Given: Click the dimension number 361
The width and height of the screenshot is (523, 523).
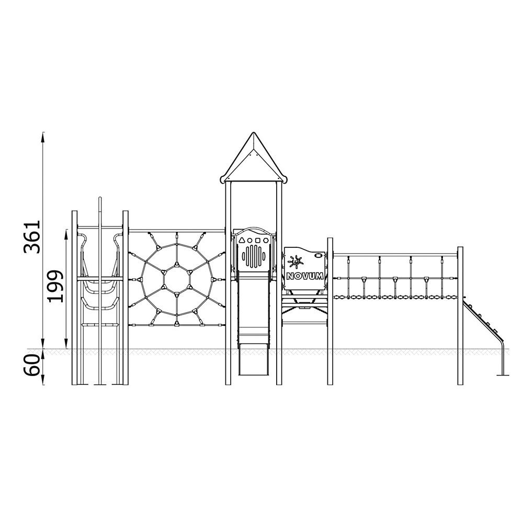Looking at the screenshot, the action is click(32, 236).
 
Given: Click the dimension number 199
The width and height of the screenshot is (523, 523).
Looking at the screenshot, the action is click(55, 286).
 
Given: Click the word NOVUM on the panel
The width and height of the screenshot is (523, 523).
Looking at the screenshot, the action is click(304, 276).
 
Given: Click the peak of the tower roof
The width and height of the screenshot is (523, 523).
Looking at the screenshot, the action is click(254, 133).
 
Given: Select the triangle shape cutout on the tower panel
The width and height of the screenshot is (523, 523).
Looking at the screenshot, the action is click(242, 240).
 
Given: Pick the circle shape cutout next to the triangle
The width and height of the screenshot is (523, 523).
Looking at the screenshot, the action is click(250, 240).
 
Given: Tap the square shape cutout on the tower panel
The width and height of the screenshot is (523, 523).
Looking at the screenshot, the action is click(257, 240).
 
